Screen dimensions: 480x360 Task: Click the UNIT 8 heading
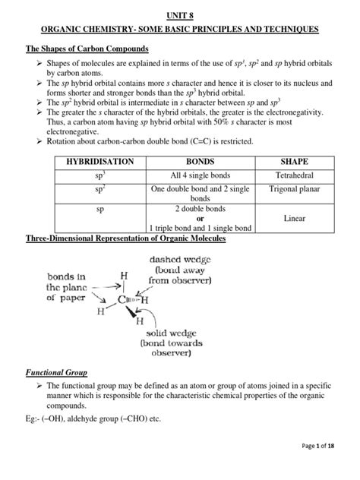(181, 13)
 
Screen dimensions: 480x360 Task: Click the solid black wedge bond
(156, 311)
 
